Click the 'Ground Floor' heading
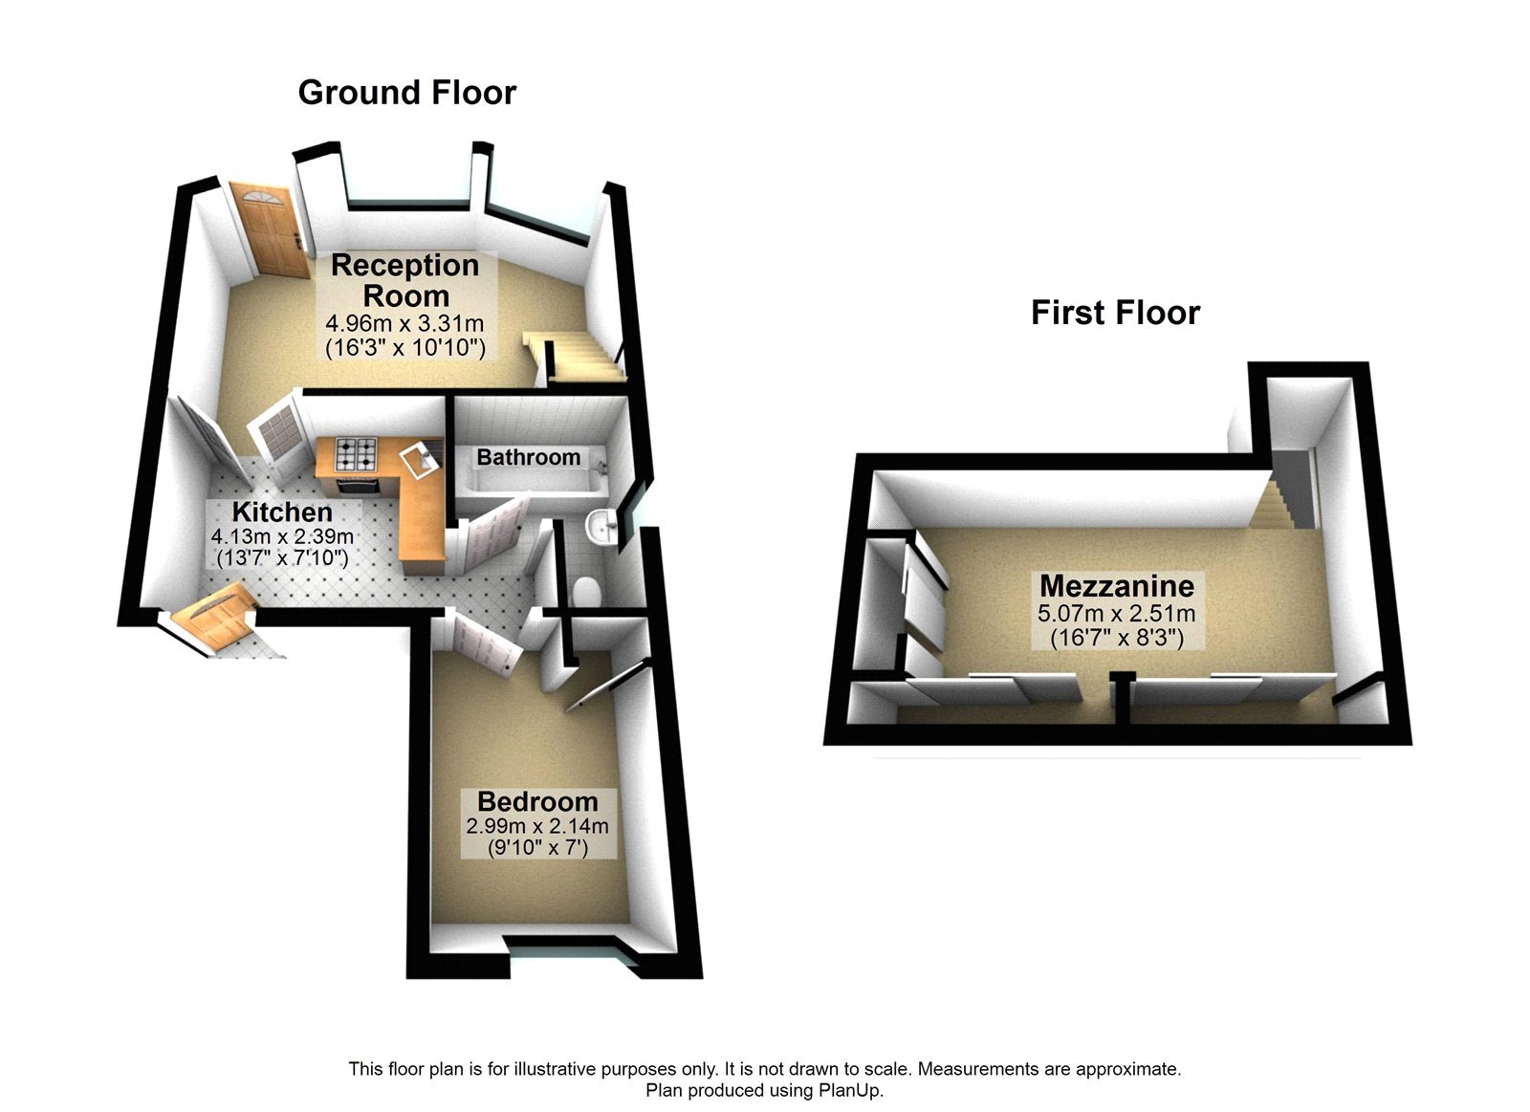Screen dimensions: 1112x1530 [x=406, y=93]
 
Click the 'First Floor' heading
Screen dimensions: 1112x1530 [x=1115, y=313]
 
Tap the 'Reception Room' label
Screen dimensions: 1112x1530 [x=404, y=280]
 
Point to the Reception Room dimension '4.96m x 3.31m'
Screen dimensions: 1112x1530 [x=404, y=324]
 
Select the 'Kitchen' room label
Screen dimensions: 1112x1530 [x=282, y=512]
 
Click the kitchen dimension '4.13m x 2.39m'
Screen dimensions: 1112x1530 [x=282, y=536]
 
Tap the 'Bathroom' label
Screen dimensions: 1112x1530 [x=528, y=457]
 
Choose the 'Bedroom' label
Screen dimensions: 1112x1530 [x=537, y=801]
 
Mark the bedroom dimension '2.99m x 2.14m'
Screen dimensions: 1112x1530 [x=537, y=826]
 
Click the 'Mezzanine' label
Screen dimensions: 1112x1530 [x=1117, y=585]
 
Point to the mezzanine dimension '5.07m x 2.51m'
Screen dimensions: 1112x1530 [x=1117, y=613]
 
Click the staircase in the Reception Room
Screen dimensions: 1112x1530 [x=575, y=356]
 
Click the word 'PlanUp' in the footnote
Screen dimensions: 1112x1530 [x=849, y=1090]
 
